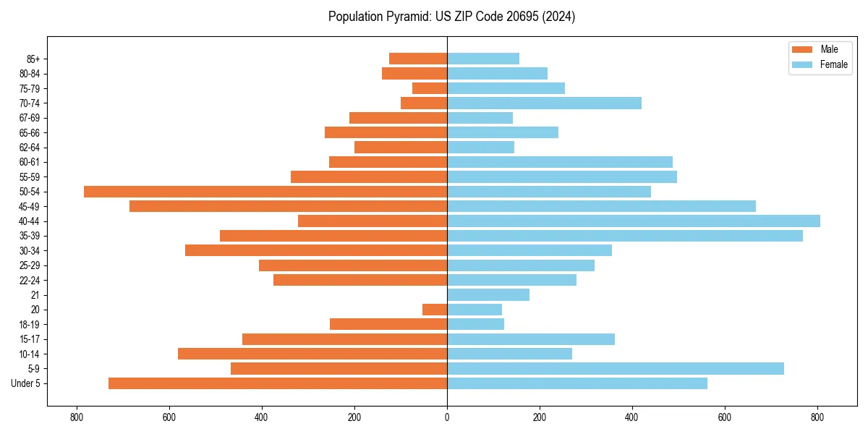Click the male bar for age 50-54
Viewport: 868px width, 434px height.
pyautogui.click(x=265, y=192)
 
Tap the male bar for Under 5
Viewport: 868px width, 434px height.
pyautogui.click(x=278, y=383)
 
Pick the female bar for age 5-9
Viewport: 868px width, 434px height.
pyautogui.click(x=616, y=368)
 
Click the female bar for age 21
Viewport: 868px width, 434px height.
pyautogui.click(x=488, y=294)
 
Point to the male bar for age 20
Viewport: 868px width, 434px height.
pyautogui.click(x=435, y=310)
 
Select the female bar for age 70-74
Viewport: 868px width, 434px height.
pyautogui.click(x=544, y=103)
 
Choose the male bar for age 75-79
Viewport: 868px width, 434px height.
pyautogui.click(x=430, y=88)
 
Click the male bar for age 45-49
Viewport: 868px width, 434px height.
pyautogui.click(x=288, y=206)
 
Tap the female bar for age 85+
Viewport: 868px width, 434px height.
pyautogui.click(x=483, y=59)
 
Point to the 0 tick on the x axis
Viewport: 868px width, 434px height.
pyautogui.click(x=447, y=417)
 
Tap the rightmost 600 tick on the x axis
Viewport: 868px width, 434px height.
pyautogui.click(x=725, y=417)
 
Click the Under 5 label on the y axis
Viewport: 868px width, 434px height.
pyautogui.click(x=26, y=383)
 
